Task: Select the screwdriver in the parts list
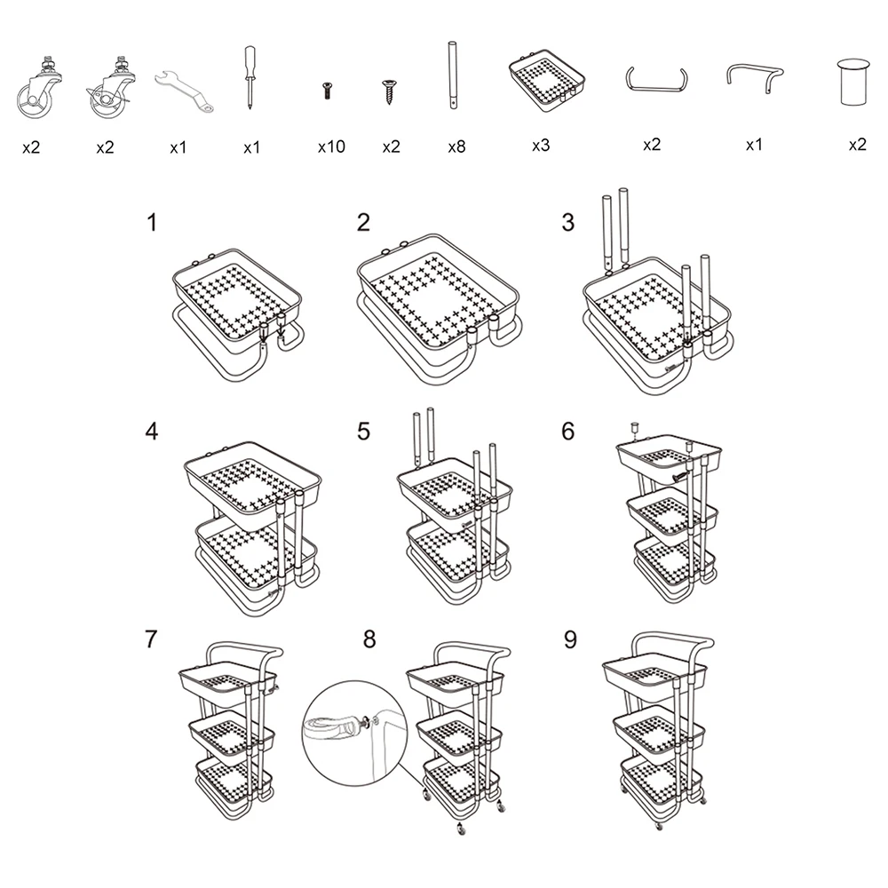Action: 250,77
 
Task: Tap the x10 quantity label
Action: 331,147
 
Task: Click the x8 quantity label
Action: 456,147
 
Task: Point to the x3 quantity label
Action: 541,146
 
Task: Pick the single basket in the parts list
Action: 546,80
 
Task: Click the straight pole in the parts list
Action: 453,75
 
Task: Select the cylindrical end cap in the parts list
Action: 852,82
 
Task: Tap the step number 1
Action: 151,223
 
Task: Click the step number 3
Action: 568,223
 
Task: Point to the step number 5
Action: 363,432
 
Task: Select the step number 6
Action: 568,432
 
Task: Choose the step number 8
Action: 369,639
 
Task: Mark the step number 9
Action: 570,639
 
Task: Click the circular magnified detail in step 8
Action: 355,733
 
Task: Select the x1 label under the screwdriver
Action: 251,147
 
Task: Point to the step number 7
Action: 151,639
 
